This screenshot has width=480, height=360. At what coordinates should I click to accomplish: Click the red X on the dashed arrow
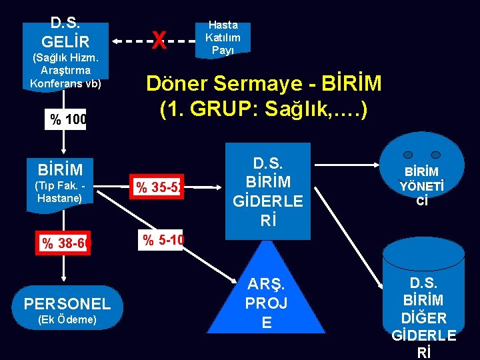159,41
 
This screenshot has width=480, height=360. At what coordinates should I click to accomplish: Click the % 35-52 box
159,187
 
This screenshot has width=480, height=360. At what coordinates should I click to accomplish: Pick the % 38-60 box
65,243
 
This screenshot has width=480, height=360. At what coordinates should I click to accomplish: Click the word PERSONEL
67,304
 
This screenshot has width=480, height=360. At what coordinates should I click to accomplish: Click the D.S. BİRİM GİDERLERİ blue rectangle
267,191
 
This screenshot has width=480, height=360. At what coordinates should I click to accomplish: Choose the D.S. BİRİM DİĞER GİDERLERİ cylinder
423,300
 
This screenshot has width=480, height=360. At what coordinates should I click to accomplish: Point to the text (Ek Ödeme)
67,320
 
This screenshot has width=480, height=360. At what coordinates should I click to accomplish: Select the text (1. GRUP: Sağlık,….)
263,109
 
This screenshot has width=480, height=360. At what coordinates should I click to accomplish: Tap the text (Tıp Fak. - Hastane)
61,192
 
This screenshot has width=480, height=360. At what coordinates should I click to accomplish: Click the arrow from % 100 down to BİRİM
65,141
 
